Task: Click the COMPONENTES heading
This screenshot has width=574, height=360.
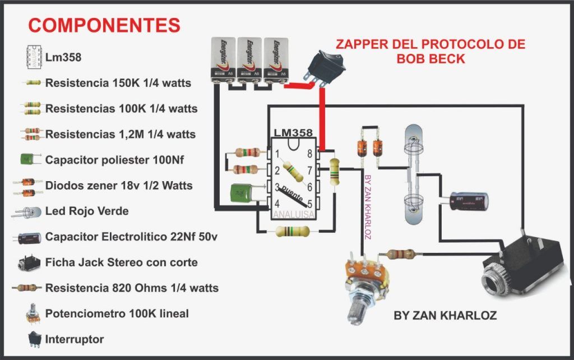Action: coord(105,25)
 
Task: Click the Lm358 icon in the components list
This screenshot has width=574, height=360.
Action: coord(35,58)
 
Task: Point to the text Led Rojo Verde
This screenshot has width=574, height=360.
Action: coord(87,211)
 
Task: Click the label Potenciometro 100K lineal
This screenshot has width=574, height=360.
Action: coord(117,313)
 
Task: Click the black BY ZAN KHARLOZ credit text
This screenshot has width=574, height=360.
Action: coord(445,316)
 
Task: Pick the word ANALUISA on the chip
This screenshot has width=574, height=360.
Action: coord(293,214)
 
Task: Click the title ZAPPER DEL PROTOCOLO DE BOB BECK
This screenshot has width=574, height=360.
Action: coord(430,51)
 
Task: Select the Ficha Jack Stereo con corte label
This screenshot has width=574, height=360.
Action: coord(121,262)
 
